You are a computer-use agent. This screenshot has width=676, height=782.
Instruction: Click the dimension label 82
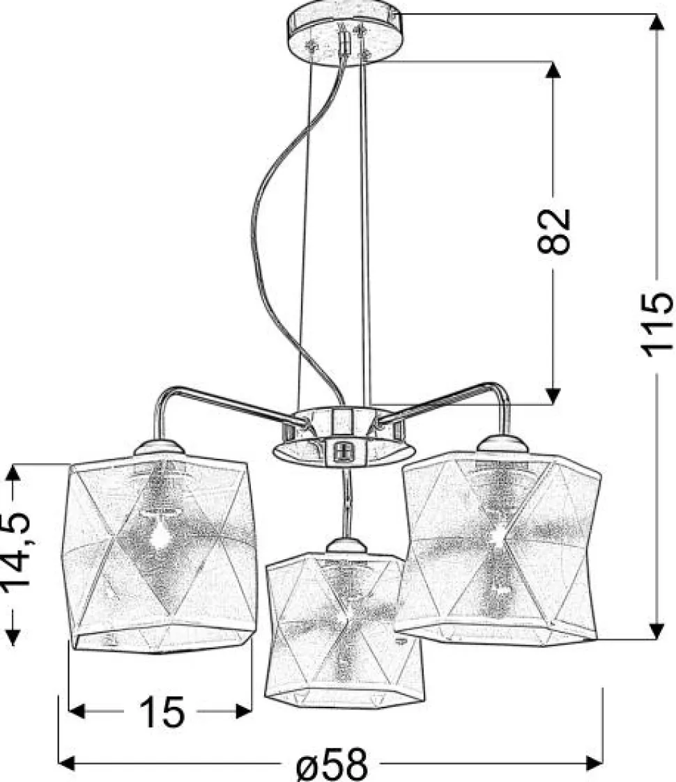click(553, 231)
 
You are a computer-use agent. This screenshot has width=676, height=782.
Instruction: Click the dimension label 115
click(656, 325)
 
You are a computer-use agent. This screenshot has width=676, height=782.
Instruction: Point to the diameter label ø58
click(332, 764)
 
